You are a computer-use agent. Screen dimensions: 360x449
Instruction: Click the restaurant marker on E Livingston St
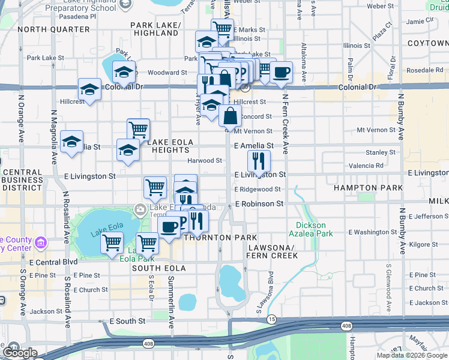coord(259,161)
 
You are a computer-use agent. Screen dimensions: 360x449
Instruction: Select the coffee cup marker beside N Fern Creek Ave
coord(281,72)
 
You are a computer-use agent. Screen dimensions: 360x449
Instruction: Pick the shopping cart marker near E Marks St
coord(222,29)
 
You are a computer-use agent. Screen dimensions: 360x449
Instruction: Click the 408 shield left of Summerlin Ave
coord(148,343)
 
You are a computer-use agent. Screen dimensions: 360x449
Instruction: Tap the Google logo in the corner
coord(19,353)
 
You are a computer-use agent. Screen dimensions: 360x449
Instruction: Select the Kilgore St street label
coord(424,244)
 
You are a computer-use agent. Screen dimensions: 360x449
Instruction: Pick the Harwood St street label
coord(205,161)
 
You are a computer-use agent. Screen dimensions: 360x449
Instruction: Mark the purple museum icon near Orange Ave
coord(41,243)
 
